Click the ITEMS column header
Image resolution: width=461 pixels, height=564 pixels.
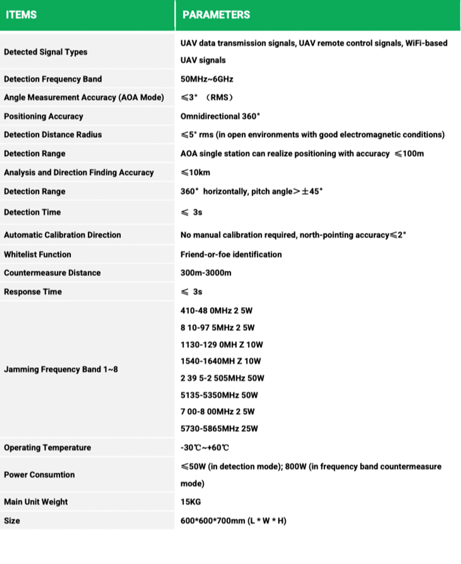21,15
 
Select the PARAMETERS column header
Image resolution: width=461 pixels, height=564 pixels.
216,15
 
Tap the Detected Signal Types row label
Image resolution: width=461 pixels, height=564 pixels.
46,52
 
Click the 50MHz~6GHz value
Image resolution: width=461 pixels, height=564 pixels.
207,79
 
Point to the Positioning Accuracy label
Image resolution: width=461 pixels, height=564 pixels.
43,116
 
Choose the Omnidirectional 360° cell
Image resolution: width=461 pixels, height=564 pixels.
220,116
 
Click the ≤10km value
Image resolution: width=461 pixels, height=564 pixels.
196,172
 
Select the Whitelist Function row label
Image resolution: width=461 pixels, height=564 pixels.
37,254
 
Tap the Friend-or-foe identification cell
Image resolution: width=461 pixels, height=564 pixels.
231,254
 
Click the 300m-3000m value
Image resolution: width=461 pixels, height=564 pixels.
206,273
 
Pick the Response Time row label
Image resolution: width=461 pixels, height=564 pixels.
33,292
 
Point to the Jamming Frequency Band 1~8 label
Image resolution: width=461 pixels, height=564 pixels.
61,369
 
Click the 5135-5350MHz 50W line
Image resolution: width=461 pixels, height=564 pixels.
219,395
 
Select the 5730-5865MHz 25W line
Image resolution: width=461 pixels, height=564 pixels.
219,429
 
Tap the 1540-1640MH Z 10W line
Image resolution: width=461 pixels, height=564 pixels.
220,361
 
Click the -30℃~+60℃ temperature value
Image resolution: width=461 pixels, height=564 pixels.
204,447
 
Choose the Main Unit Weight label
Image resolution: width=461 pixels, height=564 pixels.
36,502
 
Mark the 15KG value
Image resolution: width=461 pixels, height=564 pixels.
190,502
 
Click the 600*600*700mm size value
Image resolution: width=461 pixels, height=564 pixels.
233,521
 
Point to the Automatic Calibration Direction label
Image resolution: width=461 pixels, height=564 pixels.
62,235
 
